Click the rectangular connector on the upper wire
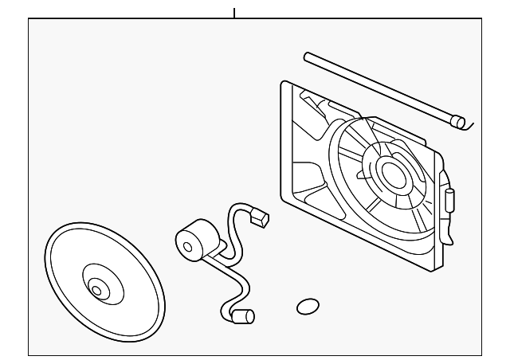(260, 215)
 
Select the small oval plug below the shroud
(307, 306)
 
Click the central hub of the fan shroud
(392, 172)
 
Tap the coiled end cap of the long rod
(457, 122)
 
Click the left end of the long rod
(308, 55)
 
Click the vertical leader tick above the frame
(234, 12)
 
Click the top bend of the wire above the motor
(237, 209)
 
